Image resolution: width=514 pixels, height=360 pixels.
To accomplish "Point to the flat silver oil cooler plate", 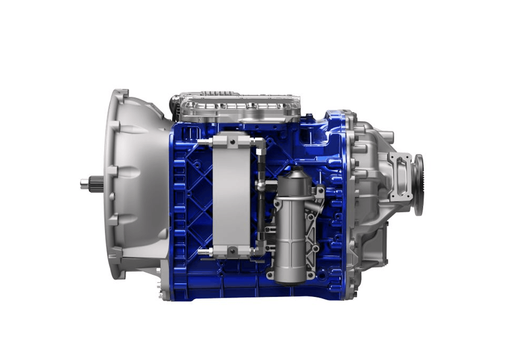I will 231,196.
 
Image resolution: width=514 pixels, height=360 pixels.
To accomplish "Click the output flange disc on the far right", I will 418,184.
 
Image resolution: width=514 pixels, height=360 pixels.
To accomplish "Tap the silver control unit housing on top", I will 239,105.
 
